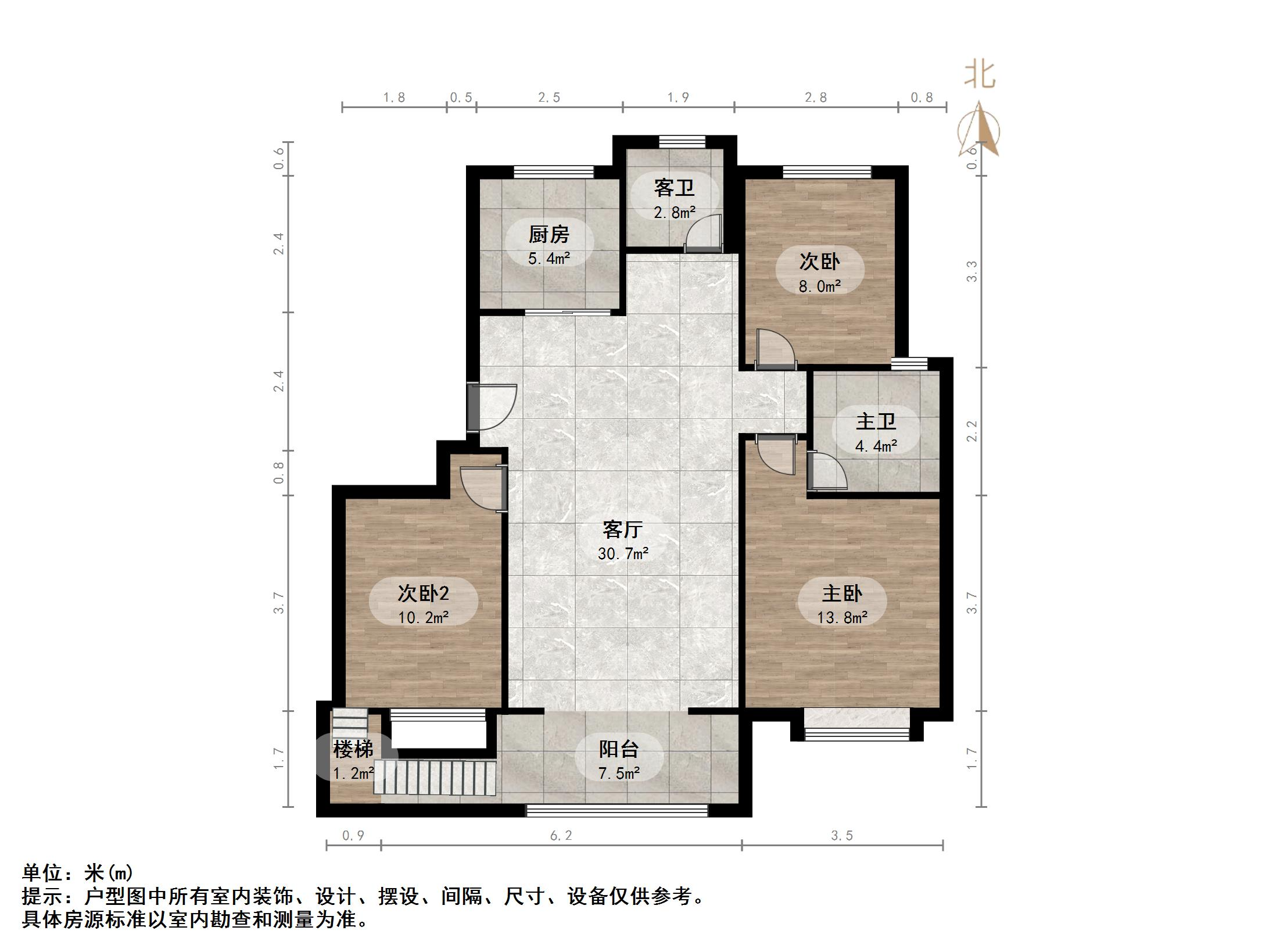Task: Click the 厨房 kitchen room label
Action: point(549,234)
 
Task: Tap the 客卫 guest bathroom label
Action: point(674,188)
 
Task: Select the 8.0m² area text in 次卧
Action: point(820,286)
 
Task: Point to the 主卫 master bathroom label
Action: point(876,421)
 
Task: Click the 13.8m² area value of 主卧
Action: point(842,617)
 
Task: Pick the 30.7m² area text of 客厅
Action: point(623,553)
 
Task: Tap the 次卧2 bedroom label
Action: point(423,593)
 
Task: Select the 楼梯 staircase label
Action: point(353,749)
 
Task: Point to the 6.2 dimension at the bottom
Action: point(561,836)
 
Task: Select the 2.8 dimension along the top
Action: point(815,98)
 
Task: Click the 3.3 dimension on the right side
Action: point(972,271)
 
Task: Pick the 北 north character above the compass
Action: point(980,76)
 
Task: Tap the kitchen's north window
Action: point(554,171)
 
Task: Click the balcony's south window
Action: point(617,810)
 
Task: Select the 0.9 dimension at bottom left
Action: point(353,836)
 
